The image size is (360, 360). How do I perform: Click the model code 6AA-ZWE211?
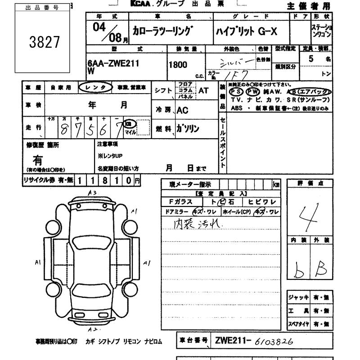point(113,63)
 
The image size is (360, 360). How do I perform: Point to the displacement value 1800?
point(178,65)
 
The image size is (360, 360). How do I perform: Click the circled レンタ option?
point(95,88)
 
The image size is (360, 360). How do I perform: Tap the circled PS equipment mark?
point(237,91)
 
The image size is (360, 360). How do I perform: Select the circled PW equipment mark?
point(254,91)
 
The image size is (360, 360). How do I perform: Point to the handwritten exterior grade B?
point(322,269)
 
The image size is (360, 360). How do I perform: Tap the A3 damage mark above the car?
point(93,193)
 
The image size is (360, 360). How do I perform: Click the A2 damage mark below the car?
point(93,329)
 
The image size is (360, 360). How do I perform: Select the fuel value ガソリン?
point(187,128)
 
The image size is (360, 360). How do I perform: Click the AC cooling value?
point(183,110)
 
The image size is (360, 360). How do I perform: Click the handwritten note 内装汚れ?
point(192,224)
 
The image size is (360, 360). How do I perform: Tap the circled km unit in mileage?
point(129,123)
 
